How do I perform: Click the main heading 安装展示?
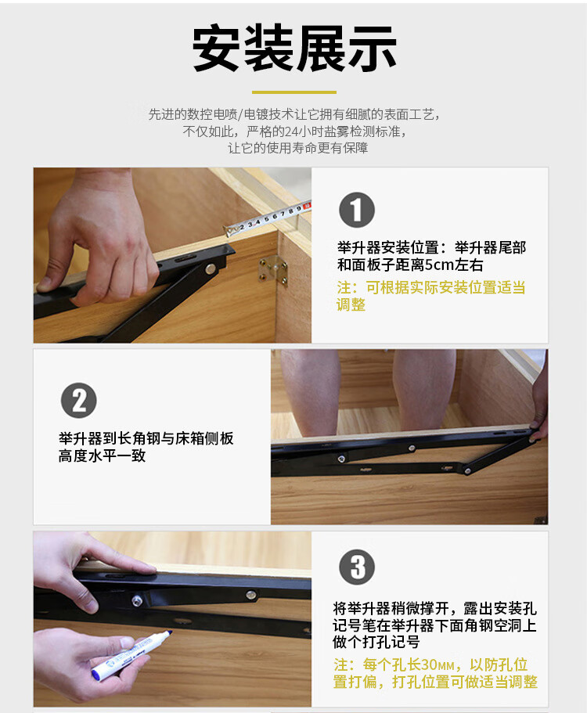click(x=294, y=49)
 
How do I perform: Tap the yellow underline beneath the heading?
click(x=294, y=92)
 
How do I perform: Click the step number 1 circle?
click(x=357, y=210)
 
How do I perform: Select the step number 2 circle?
click(x=79, y=401)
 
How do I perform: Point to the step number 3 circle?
click(x=357, y=567)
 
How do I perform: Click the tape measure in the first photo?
click(x=268, y=218)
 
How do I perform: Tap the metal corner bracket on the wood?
click(x=273, y=270)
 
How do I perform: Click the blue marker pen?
click(x=131, y=655)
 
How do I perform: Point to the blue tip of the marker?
click(x=168, y=633)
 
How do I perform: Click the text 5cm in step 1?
click(x=440, y=265)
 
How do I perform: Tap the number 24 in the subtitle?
click(x=290, y=131)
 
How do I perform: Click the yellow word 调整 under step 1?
click(x=351, y=304)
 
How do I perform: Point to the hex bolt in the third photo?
click(x=137, y=601)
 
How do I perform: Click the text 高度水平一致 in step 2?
click(x=102, y=456)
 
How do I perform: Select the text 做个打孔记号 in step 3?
click(x=376, y=642)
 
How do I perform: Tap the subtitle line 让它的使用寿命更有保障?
click(x=298, y=148)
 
